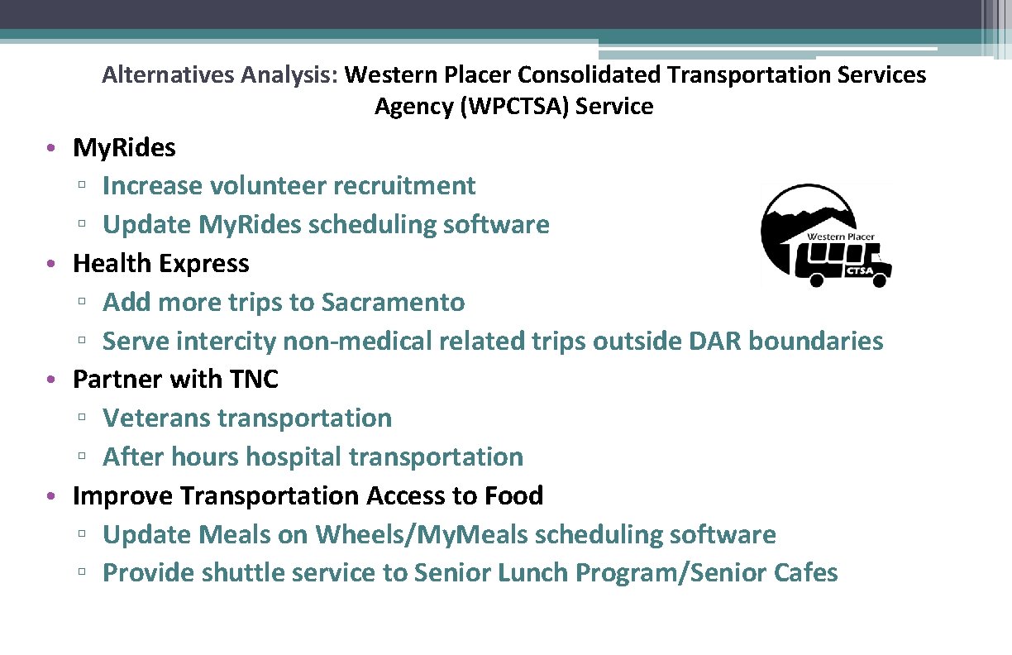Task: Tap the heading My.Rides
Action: click(124, 148)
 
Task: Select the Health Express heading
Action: click(160, 264)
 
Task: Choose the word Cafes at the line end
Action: click(806, 573)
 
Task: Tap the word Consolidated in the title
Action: click(590, 75)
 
